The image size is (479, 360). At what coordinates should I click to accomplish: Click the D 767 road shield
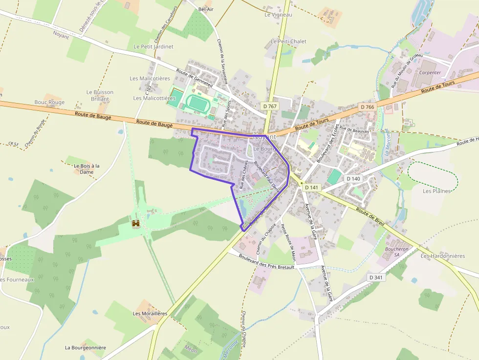(x=269, y=106)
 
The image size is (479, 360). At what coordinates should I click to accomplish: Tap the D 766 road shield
(x=367, y=106)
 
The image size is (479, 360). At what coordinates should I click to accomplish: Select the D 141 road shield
(x=311, y=187)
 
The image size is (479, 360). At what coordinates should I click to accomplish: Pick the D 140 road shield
(x=353, y=179)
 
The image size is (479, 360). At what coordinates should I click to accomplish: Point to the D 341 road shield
(x=376, y=277)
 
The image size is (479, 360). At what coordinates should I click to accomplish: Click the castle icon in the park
(x=136, y=223)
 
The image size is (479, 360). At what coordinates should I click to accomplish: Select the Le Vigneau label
(x=278, y=15)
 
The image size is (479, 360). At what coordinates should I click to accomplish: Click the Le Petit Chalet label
(x=288, y=42)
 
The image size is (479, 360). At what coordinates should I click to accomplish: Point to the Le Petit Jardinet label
(x=153, y=46)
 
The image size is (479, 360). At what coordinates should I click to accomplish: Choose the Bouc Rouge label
(x=49, y=102)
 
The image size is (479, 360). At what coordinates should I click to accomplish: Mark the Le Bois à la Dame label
(x=87, y=169)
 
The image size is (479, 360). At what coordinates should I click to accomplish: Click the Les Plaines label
(x=436, y=191)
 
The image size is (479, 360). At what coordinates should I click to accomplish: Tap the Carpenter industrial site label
(x=430, y=72)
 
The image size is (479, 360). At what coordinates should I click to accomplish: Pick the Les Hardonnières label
(x=443, y=255)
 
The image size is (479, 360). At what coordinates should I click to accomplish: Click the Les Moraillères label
(x=150, y=313)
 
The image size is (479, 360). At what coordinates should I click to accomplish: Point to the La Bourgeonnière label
(x=86, y=348)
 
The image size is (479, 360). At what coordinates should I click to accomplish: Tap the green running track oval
(x=198, y=103)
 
